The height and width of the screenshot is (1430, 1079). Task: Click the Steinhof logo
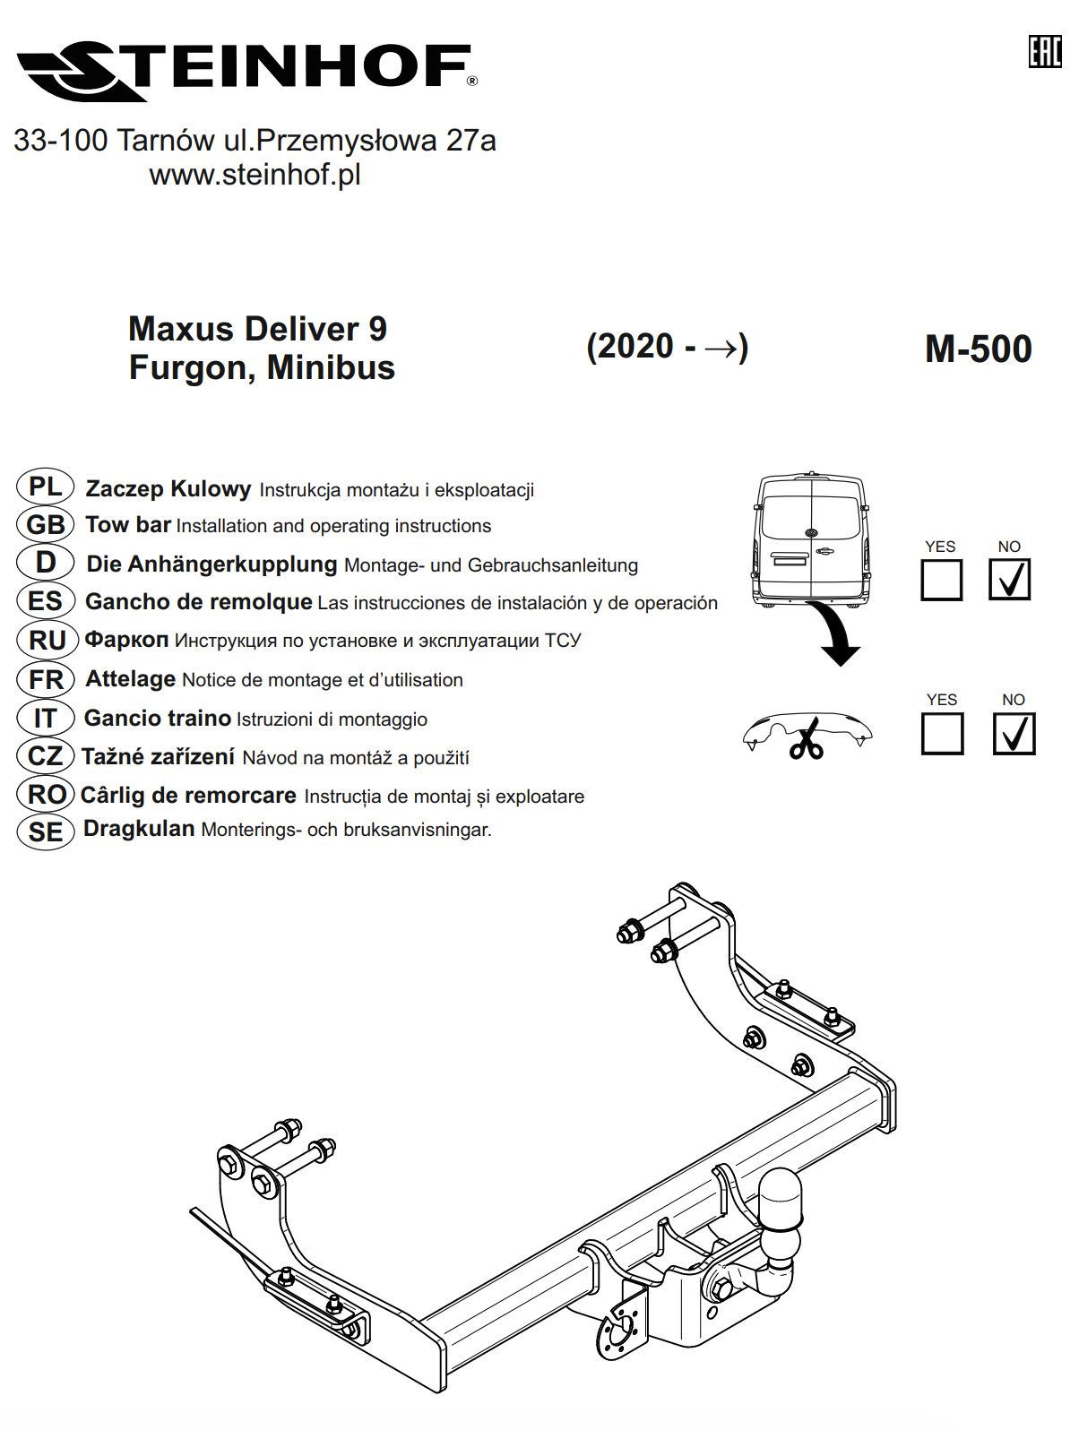tap(246, 71)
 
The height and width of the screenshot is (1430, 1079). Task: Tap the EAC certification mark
tap(1045, 51)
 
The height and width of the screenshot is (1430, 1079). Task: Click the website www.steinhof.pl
tap(255, 175)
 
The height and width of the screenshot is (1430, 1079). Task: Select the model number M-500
tap(978, 349)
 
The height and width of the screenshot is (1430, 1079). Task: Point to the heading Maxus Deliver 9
tap(257, 329)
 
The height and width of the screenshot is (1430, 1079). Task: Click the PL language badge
tap(45, 487)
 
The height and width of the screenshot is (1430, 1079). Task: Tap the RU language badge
tap(47, 640)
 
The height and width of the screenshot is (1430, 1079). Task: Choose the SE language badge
tap(46, 832)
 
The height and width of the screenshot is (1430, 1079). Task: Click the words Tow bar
tap(128, 524)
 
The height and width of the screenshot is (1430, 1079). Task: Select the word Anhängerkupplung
tap(233, 564)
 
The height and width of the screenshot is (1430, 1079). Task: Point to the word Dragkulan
tap(139, 829)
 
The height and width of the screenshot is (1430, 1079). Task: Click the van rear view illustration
tap(811, 539)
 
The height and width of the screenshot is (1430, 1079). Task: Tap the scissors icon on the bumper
tap(807, 739)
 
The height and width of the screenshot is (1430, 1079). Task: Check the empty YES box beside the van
tap(941, 580)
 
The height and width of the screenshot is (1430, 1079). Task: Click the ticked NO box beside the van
tap(1009, 579)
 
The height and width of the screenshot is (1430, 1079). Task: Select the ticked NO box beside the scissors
tap(1014, 734)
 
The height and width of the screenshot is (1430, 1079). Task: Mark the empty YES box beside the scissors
tap(942, 734)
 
